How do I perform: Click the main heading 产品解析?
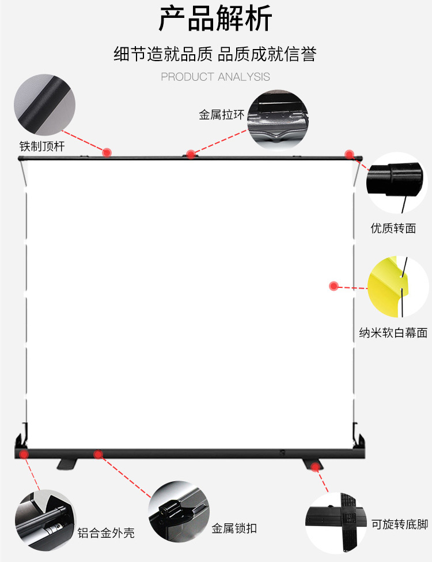coord(215,20)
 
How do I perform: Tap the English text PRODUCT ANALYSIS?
coord(215,77)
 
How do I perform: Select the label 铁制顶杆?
coord(41,147)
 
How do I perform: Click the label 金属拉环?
coord(222,115)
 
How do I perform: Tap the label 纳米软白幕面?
coord(393,333)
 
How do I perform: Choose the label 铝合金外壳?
coord(106,533)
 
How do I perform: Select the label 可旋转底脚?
coord(399,524)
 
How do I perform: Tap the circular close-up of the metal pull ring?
coord(278,119)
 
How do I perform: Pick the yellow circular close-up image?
coord(397,287)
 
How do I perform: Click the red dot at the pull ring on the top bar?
coord(191,155)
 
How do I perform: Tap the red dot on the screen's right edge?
coord(333,286)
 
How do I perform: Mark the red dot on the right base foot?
coord(315,466)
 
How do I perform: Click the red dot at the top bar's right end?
coord(349,153)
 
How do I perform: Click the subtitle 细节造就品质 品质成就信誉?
coord(215,54)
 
